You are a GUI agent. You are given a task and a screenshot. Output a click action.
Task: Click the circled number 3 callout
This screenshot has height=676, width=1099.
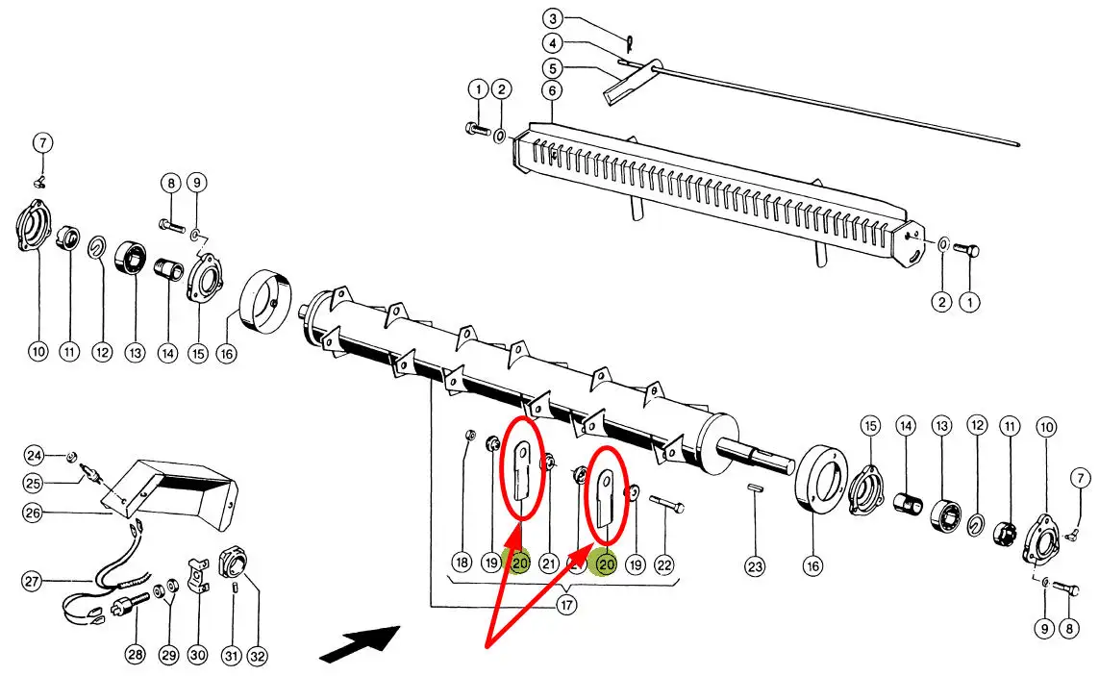pos(551,18)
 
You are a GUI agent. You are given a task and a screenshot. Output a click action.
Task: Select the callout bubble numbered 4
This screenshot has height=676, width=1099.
pos(551,43)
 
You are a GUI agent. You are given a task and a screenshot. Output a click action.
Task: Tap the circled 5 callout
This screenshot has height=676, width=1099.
pos(551,68)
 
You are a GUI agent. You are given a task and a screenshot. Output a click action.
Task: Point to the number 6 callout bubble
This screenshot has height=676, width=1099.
pos(551,90)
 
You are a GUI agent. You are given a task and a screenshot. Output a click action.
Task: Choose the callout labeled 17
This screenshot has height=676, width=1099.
pos(566,606)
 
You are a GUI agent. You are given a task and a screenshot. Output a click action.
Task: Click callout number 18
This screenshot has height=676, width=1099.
pos(462,563)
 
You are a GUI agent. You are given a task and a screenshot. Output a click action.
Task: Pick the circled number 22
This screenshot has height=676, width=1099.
pos(664,564)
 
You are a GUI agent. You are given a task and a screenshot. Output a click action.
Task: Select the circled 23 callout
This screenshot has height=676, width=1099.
pos(755,566)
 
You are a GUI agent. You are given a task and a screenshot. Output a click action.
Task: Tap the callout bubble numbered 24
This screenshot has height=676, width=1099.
pos(34,455)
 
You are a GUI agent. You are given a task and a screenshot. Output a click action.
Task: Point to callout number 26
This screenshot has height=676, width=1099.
pos(34,513)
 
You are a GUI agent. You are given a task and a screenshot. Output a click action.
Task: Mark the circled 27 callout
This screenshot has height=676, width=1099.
pos(34,581)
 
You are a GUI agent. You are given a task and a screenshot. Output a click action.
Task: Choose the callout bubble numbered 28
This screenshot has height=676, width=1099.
pos(135,656)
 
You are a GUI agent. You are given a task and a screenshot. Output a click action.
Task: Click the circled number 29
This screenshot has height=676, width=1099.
pos(168,656)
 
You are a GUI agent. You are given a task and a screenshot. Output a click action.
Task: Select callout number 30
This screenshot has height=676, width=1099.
pos(197,656)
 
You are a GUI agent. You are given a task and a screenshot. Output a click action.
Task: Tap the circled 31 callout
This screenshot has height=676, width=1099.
pos(230,656)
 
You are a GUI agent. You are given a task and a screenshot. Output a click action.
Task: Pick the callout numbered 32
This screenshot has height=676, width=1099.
pos(257,656)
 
